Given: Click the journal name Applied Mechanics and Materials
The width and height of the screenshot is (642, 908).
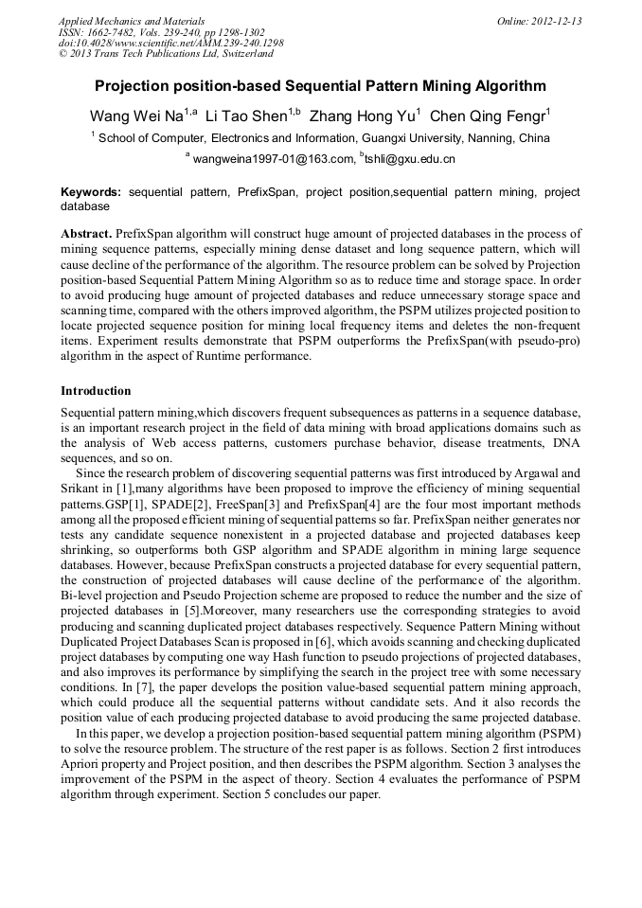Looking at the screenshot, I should pyautogui.click(x=132, y=21).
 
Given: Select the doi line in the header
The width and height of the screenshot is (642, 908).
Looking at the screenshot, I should pyautogui.click(x=170, y=43).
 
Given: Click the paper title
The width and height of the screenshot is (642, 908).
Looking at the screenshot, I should pyautogui.click(x=320, y=86).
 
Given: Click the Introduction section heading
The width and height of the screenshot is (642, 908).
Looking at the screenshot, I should pyautogui.click(x=96, y=390).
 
